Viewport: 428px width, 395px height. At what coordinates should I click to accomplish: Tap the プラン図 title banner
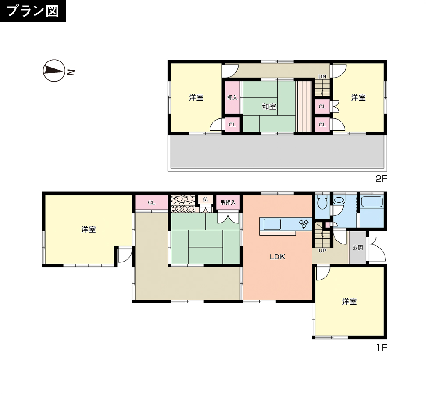[x=33, y=11]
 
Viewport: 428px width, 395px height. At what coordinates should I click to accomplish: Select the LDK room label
[x=277, y=257]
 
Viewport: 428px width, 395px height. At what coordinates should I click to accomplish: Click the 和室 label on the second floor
[x=269, y=107]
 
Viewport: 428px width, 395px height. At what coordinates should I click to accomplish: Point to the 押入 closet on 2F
[x=232, y=97]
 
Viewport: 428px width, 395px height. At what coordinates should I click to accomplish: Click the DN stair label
[x=322, y=76]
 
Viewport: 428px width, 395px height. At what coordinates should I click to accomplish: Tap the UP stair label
[x=322, y=250]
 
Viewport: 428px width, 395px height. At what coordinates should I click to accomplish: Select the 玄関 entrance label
[x=357, y=248]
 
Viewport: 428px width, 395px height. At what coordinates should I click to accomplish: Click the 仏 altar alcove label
[x=205, y=200]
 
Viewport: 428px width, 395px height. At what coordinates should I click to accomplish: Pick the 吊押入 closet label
[x=228, y=202]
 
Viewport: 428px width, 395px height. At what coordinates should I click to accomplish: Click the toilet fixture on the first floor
[x=322, y=202]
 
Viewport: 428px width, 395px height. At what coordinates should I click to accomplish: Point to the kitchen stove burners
[x=304, y=224]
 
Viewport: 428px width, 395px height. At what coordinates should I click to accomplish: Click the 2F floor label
[x=382, y=179]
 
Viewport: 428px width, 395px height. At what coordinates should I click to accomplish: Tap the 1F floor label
[x=382, y=348]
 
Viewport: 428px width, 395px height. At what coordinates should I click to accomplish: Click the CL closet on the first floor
[x=151, y=202]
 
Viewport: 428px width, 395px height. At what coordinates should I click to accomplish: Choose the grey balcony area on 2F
[x=277, y=151]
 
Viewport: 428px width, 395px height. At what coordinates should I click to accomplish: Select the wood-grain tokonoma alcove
[x=183, y=204]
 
